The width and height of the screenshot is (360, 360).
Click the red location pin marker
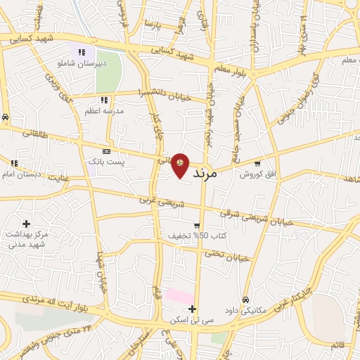(x=181, y=165)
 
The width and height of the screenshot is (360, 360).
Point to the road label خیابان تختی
(x=227, y=257)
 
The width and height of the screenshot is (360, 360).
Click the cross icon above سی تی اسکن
(x=192, y=309)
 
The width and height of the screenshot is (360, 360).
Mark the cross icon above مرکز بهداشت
(x=26, y=224)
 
